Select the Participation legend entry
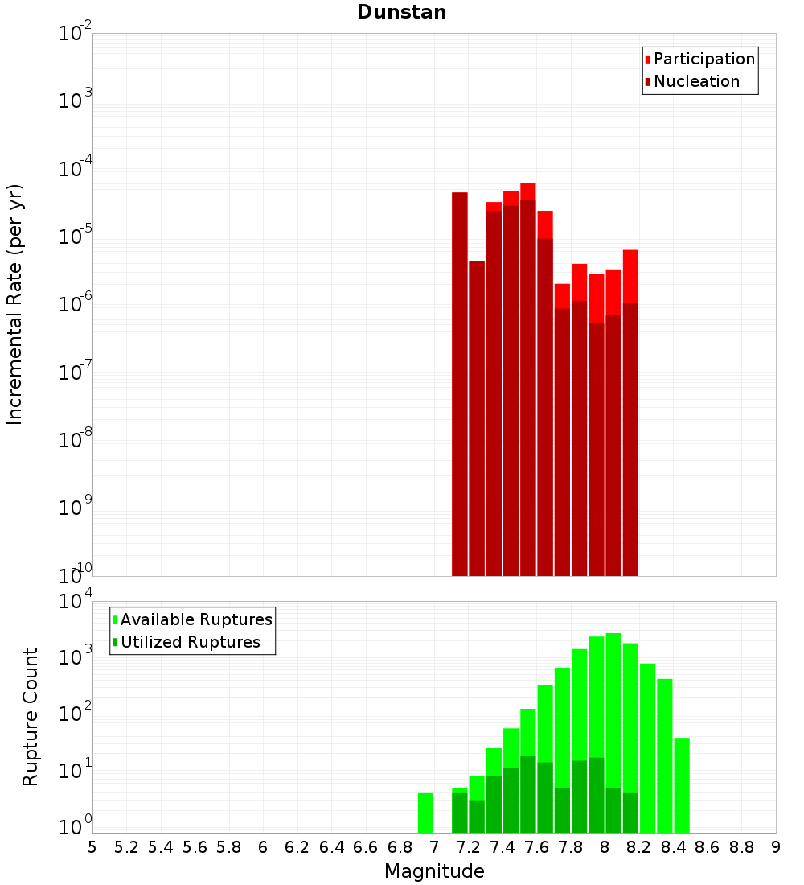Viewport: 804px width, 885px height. click(704, 59)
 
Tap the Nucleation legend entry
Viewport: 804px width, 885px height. click(696, 81)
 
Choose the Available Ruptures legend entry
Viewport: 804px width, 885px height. click(196, 619)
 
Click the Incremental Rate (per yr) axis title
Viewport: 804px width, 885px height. click(15, 304)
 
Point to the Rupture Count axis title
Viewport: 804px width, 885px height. click(31, 717)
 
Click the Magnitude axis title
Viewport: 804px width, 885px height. click(434, 871)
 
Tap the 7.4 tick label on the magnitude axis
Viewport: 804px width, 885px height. click(503, 847)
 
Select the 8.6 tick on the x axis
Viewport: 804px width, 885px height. click(708, 847)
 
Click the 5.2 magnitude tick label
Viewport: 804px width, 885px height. click(126, 847)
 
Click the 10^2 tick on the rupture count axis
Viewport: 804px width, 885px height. click(76, 713)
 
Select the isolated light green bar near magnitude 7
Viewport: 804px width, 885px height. click(425, 813)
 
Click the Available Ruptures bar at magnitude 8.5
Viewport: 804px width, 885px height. click(682, 784)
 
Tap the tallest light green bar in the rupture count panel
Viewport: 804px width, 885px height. click(613, 732)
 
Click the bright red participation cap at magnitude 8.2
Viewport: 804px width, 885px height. click(630, 276)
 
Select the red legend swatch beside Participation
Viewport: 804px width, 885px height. click(647, 59)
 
